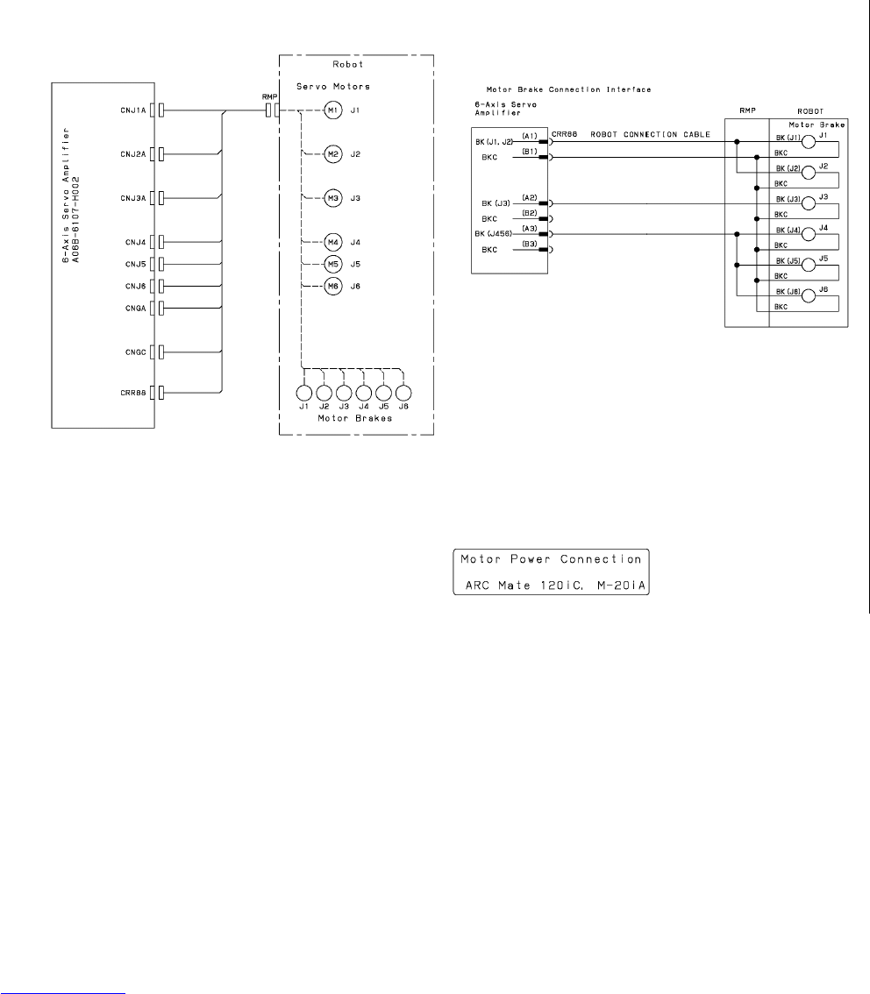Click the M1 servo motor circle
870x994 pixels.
332,110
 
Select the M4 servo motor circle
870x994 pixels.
332,242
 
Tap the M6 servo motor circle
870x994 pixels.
332,286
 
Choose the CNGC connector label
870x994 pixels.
134,351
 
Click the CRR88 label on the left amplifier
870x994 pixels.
132,393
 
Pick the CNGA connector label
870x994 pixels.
134,308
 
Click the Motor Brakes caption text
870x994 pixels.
353,419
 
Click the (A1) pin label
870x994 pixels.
529,136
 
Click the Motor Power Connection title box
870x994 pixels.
551,572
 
